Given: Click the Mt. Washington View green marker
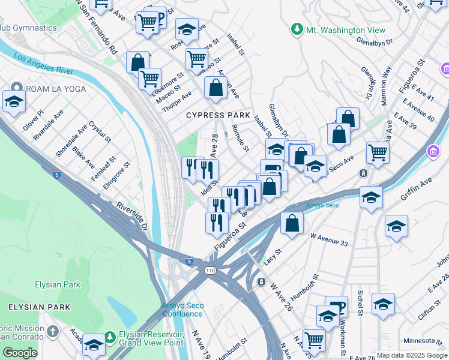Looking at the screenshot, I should pos(296,29).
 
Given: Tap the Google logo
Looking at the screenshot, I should pos(20,353).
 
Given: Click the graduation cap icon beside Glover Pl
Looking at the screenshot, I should pos(14,102).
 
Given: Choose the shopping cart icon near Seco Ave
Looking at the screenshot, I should pos(378,152).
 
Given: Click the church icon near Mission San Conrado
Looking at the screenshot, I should pos(53,331).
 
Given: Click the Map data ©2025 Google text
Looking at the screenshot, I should pos(412,355).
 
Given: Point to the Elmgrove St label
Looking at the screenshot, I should pos(116,175).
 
